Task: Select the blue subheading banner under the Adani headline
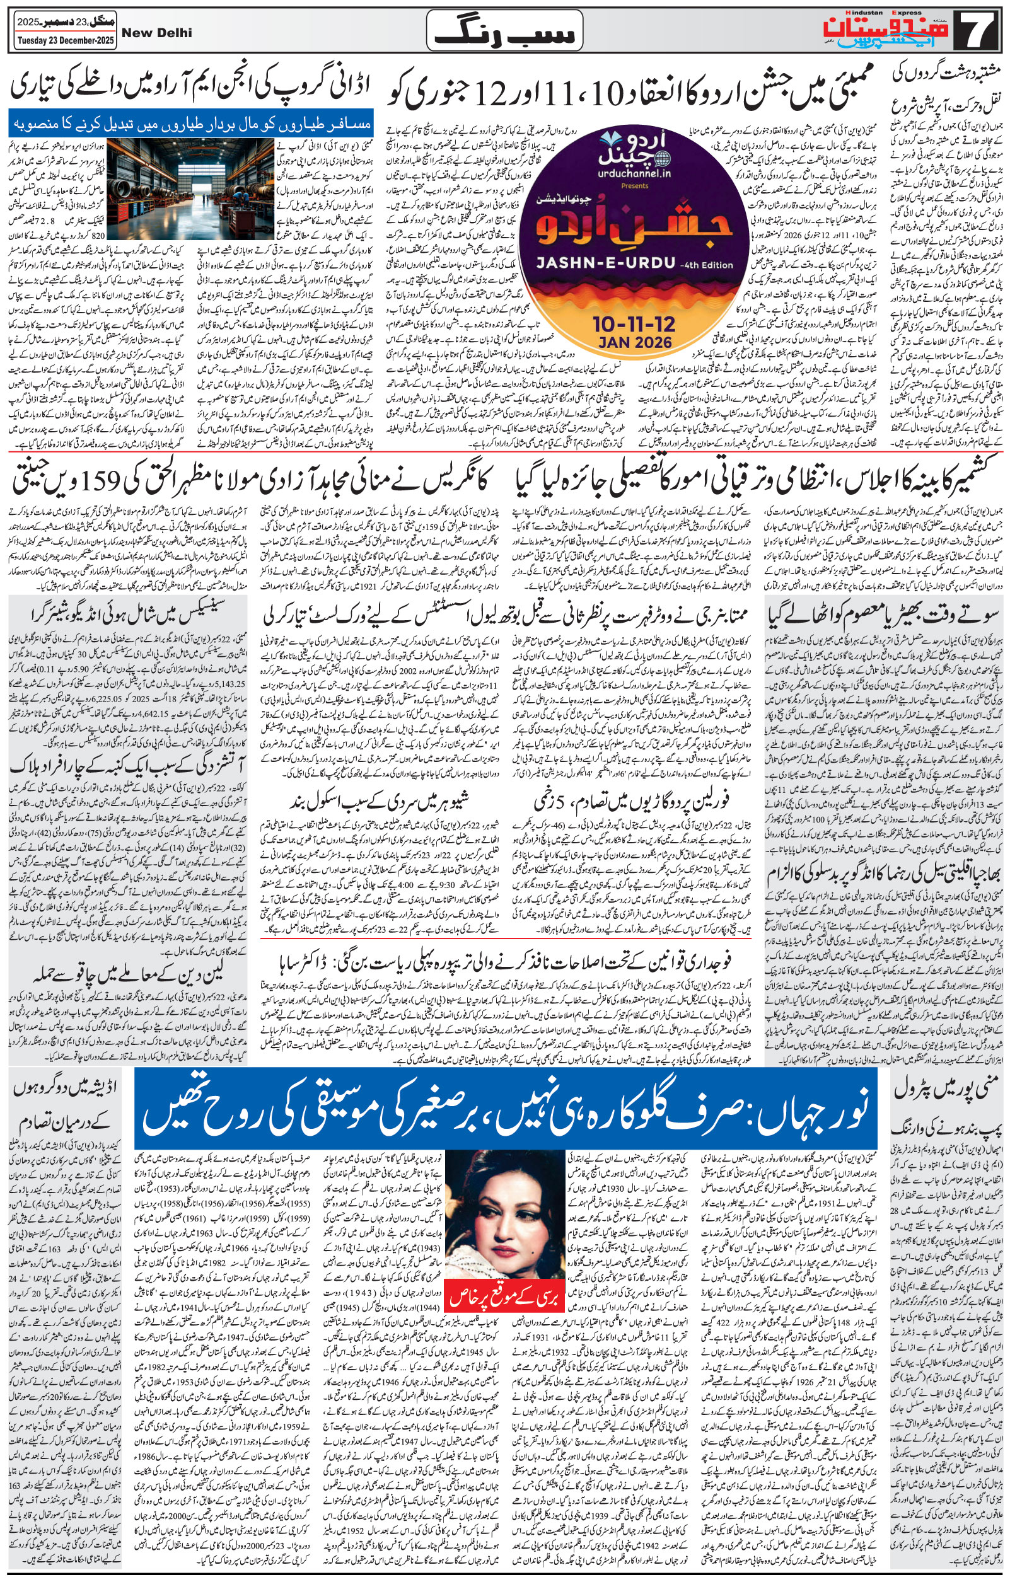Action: [191, 125]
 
